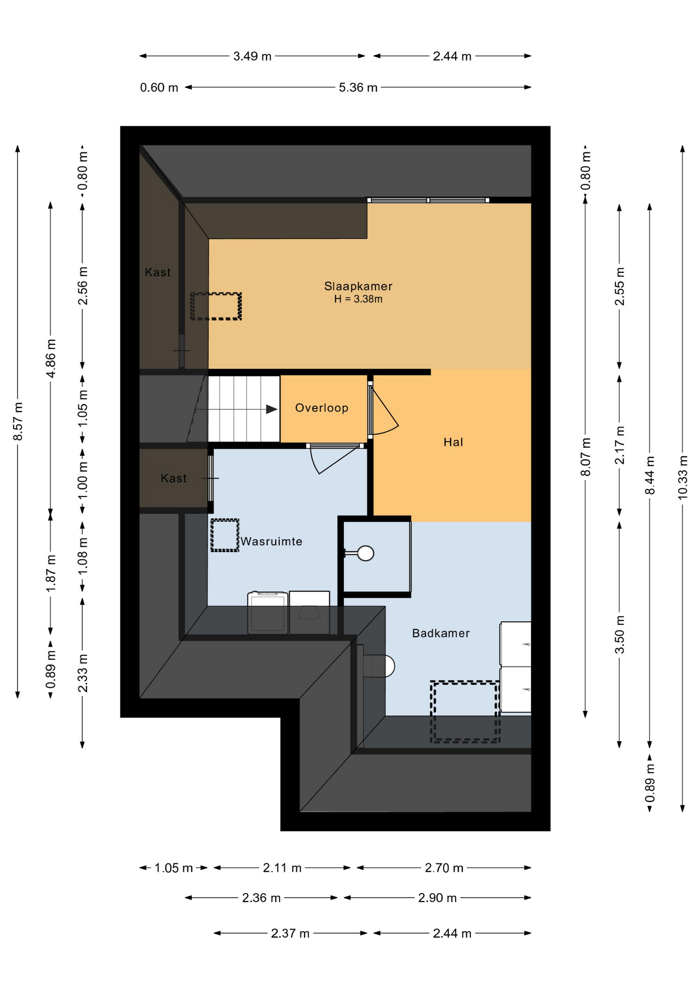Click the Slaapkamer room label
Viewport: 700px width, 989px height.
click(x=358, y=286)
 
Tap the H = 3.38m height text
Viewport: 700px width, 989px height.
click(x=358, y=299)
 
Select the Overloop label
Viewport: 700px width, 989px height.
click(x=322, y=408)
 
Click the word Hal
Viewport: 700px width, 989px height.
click(x=453, y=442)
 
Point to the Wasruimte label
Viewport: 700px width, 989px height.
click(x=272, y=541)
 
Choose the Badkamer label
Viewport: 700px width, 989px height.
click(x=441, y=633)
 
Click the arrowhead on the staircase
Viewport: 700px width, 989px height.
click(x=272, y=410)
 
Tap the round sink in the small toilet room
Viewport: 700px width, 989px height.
click(x=365, y=553)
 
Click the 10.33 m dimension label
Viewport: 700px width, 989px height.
click(x=682, y=477)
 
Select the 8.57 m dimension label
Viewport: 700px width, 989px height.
click(x=18, y=422)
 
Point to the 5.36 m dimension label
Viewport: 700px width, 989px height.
click(x=358, y=88)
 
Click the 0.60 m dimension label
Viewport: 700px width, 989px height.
click(x=159, y=88)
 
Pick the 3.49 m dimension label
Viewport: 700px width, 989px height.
click(x=253, y=56)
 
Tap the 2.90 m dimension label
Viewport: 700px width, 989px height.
click(x=438, y=898)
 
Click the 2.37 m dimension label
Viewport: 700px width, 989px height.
click(x=290, y=933)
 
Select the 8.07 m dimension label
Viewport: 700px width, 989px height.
click(x=586, y=457)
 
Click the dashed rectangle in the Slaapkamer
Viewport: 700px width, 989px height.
click(x=216, y=306)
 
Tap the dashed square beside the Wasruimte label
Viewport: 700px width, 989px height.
click(x=225, y=535)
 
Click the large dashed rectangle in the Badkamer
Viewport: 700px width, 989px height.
click(x=465, y=712)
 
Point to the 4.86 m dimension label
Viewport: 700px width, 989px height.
click(x=51, y=359)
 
